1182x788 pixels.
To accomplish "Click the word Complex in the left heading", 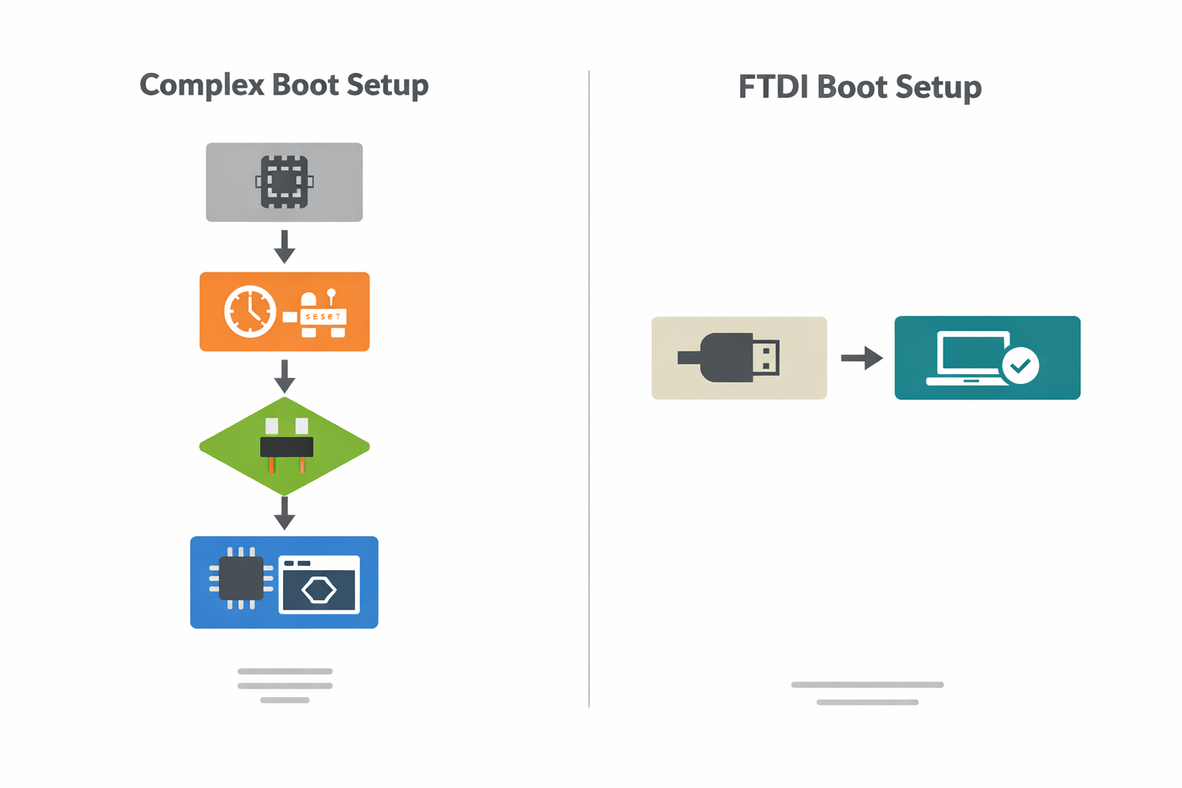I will click(x=202, y=85).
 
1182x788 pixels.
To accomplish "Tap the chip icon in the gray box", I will click(x=284, y=182).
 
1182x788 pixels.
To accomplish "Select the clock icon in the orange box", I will click(x=249, y=312).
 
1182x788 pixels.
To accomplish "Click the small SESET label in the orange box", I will click(x=323, y=316).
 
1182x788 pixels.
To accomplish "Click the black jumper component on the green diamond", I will click(x=286, y=447).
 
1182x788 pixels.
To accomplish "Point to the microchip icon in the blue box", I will click(x=241, y=579).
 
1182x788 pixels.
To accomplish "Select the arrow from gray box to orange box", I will click(x=285, y=246).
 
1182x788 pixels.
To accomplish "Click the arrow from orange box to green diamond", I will click(x=285, y=376).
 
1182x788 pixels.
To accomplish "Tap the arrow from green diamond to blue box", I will click(x=285, y=513).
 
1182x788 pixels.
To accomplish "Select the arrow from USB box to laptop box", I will click(x=861, y=358).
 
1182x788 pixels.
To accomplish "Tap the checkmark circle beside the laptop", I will click(x=1020, y=366).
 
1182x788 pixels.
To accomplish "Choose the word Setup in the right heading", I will click(x=938, y=87).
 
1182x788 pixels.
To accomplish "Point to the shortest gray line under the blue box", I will click(x=285, y=700).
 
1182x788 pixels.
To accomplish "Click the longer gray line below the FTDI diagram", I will click(x=867, y=684).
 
